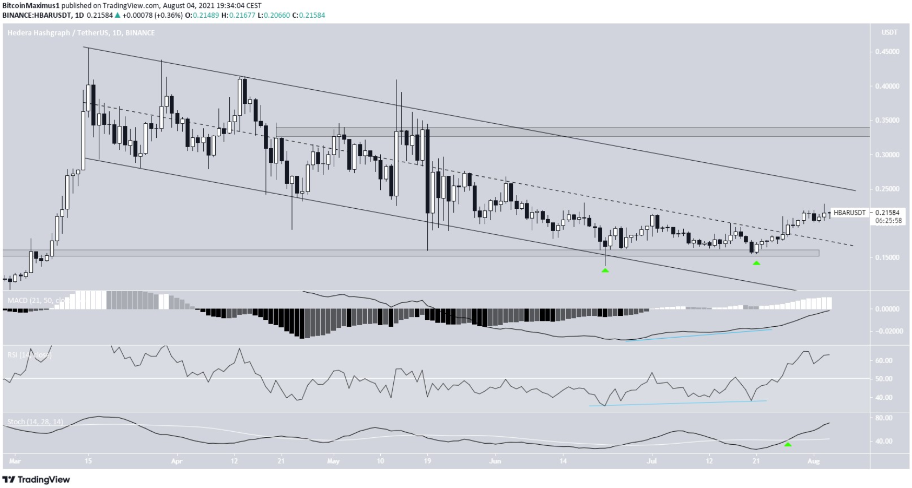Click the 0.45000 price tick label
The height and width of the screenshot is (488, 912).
(887, 52)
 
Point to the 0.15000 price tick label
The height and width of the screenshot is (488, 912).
(887, 257)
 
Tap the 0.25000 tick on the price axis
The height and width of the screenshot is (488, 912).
(887, 189)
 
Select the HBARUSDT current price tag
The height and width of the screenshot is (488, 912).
(849, 212)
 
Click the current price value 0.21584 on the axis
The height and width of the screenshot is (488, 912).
(887, 212)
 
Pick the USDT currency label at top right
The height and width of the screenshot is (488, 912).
(889, 32)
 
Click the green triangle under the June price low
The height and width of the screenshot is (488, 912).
(605, 270)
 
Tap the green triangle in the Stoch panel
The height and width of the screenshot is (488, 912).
(788, 444)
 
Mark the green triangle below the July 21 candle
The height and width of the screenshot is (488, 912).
(756, 263)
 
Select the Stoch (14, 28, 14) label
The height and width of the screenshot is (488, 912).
(35, 422)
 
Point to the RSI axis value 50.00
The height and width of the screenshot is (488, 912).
(884, 379)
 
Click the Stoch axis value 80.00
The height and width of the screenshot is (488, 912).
(884, 418)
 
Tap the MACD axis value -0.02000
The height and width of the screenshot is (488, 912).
(887, 331)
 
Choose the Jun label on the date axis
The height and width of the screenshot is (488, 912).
(495, 461)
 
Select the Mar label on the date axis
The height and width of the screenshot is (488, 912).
(15, 461)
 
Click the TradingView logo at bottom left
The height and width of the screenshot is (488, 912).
(36, 480)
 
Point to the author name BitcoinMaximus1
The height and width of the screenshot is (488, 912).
(31, 6)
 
